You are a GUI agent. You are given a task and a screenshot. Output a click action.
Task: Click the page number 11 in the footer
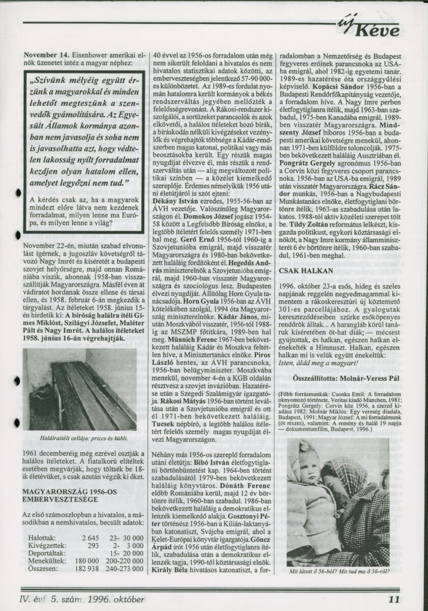[394, 599]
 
